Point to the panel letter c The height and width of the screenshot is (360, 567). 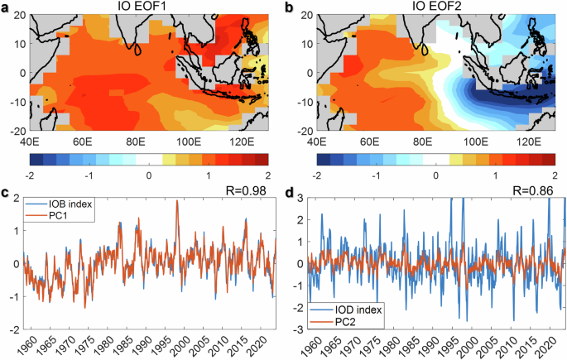click(x=6, y=195)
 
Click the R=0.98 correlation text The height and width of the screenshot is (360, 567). click(x=248, y=191)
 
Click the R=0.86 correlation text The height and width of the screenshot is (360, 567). click(x=534, y=191)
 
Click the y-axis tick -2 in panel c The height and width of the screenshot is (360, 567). click(x=15, y=329)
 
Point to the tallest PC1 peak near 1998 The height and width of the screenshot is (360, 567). click(x=177, y=201)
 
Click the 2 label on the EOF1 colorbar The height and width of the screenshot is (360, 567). click(x=268, y=176)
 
